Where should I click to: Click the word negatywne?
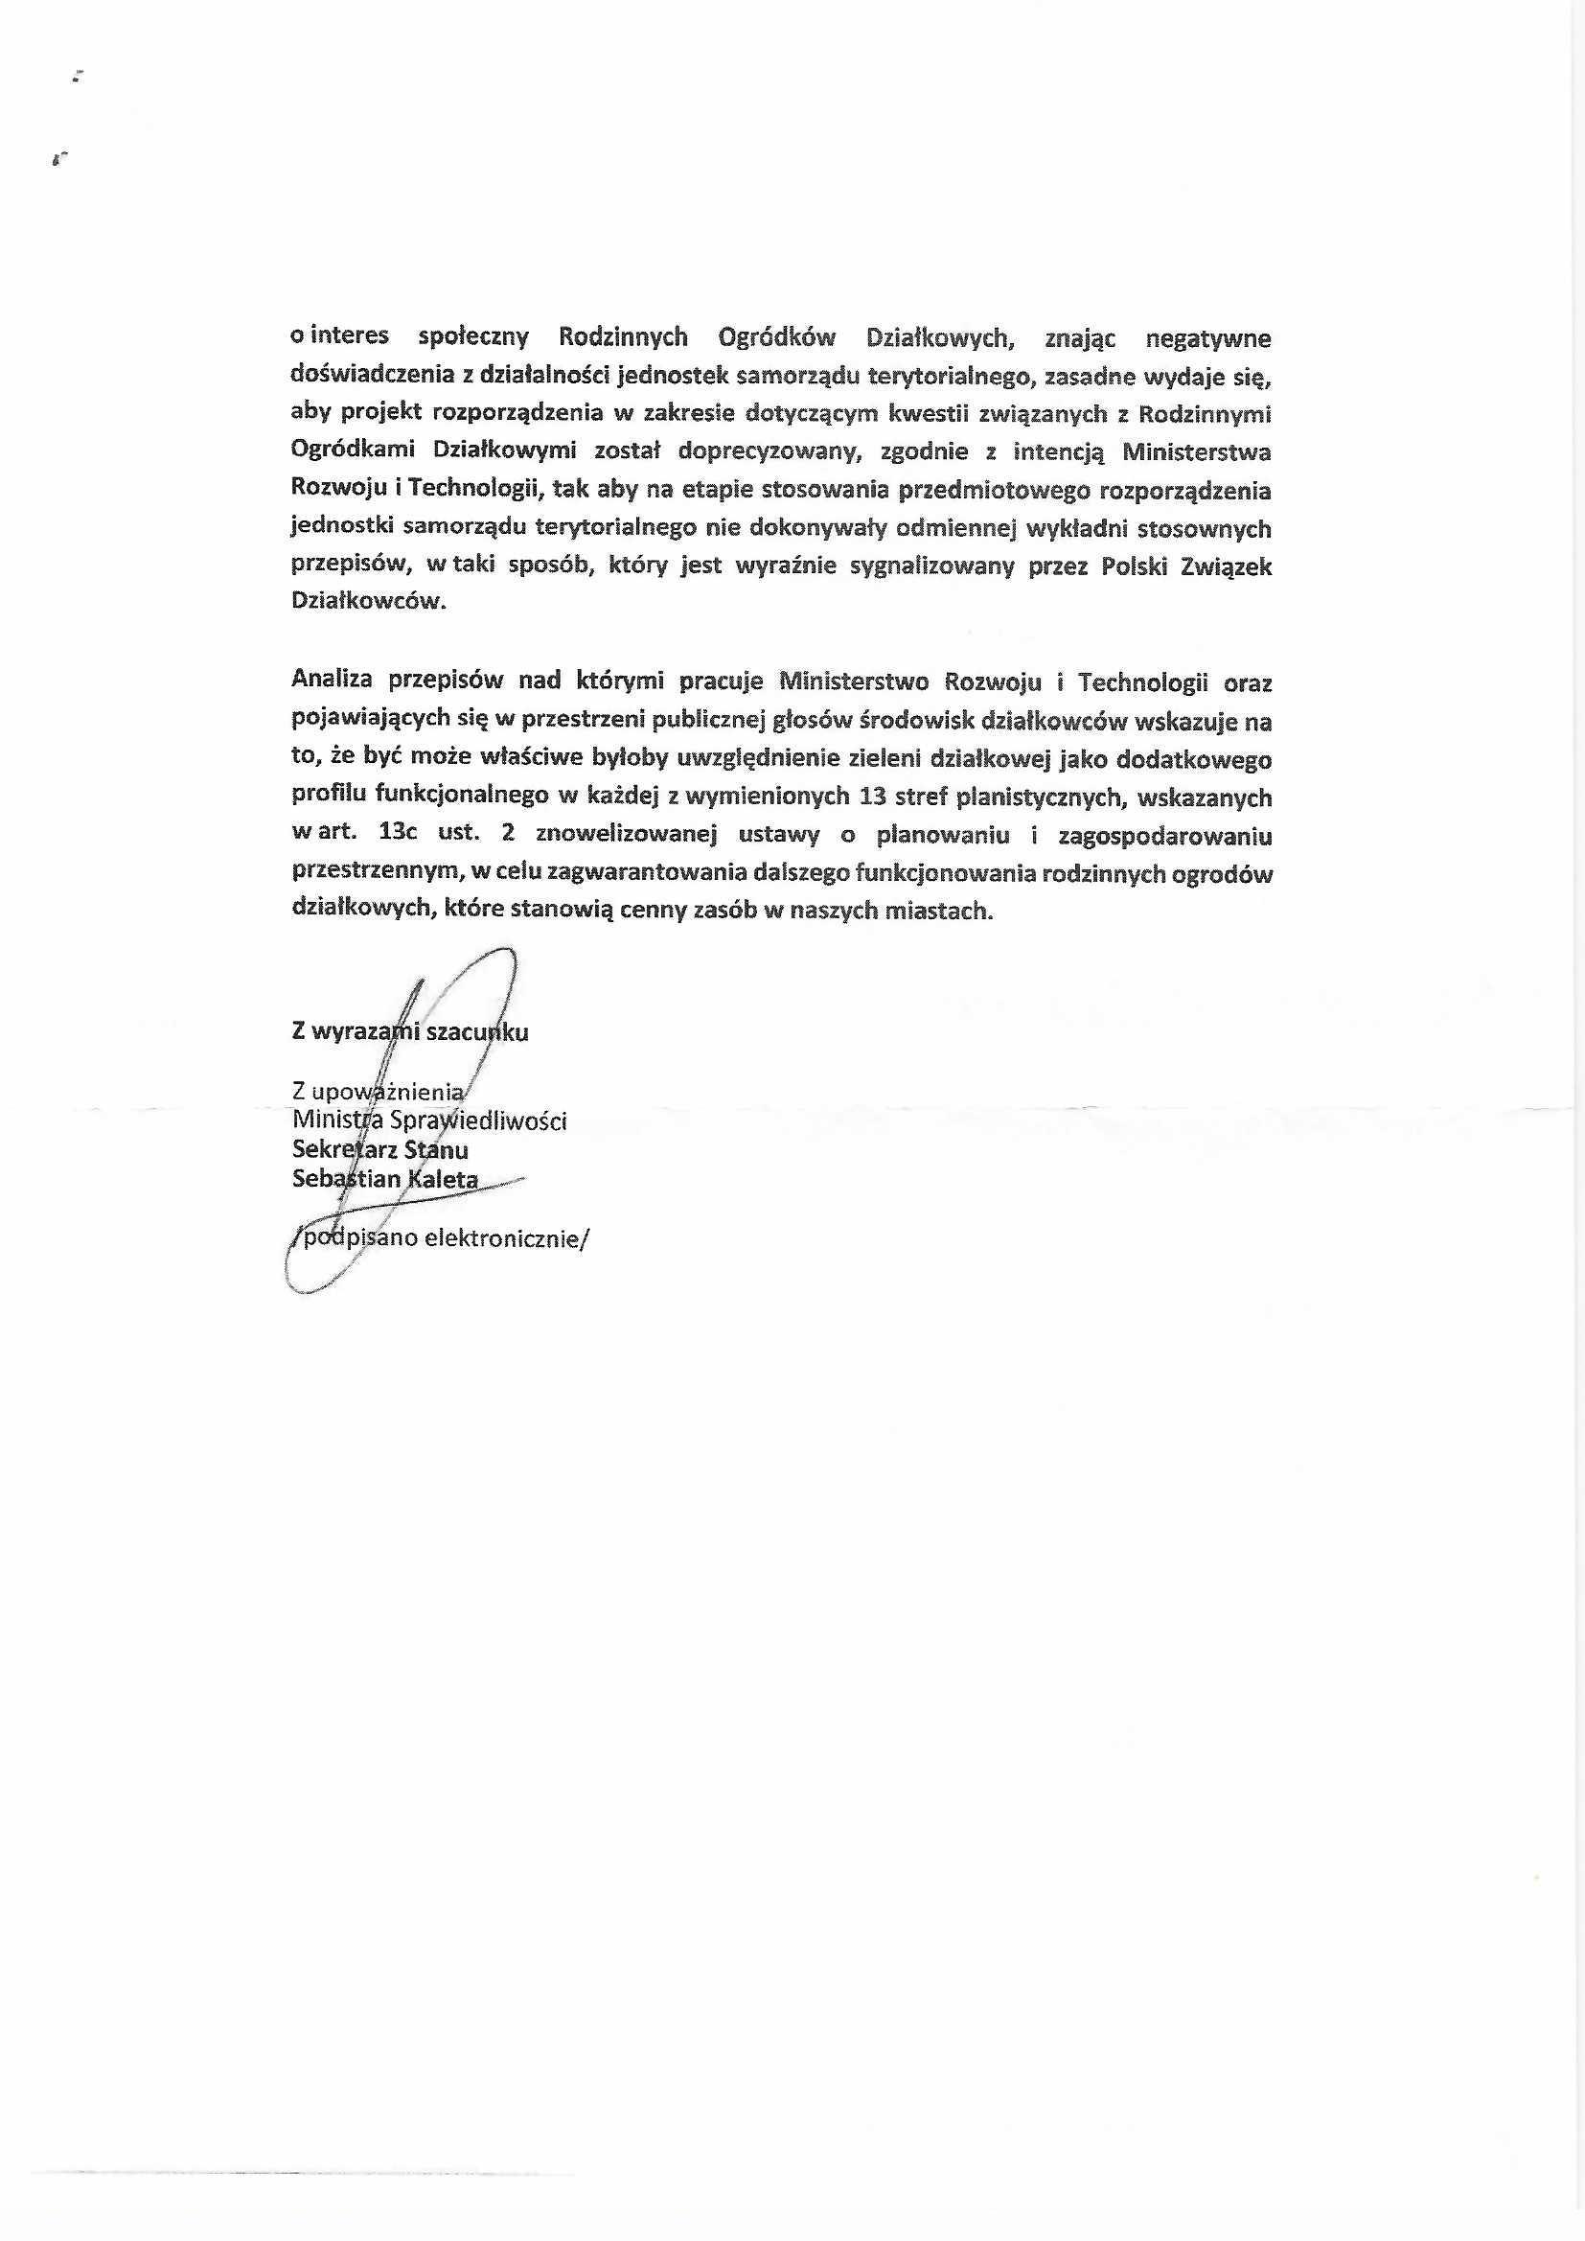(1208, 338)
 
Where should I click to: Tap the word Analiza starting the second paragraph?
(332, 682)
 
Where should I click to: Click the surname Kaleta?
(443, 1179)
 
